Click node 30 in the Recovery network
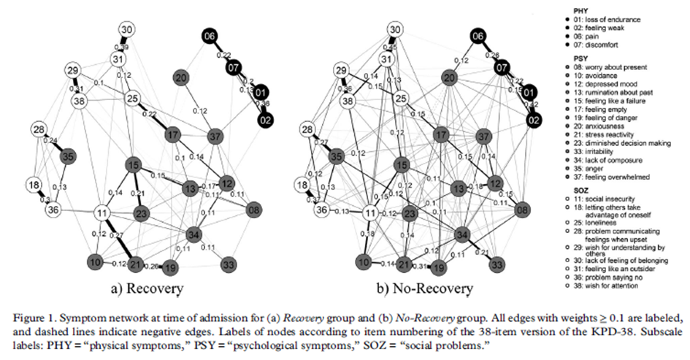127,30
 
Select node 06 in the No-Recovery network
478,37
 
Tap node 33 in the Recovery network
228,263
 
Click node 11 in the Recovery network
101,213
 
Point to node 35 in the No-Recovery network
337,156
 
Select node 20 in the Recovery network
182,78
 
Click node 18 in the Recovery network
34,185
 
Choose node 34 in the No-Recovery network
463,235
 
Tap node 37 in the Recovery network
215,137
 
